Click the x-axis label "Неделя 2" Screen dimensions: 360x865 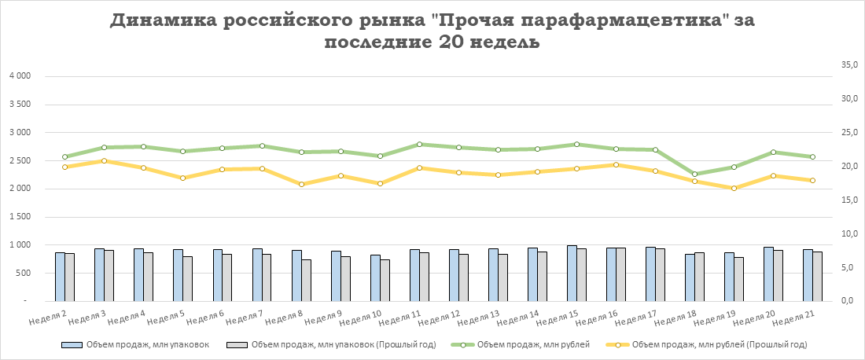click(48, 318)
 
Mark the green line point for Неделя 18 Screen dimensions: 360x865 click(694, 174)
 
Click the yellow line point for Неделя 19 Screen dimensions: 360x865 click(734, 189)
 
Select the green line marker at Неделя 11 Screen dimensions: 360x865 click(419, 145)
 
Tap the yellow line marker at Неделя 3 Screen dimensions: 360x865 click(104, 161)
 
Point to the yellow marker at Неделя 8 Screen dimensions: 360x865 click(301, 184)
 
